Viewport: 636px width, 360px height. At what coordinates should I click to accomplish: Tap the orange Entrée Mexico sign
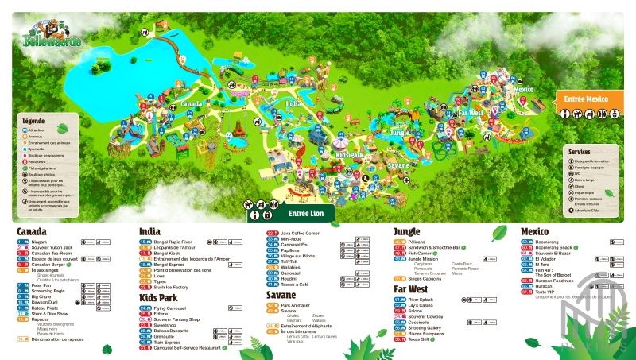click(x=586, y=99)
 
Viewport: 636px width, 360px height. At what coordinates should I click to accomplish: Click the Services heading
click(x=580, y=151)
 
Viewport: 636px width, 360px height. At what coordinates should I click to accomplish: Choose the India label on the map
click(x=294, y=104)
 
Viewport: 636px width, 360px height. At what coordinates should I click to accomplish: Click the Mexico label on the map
click(x=523, y=90)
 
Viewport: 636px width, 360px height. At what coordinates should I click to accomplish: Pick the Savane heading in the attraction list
click(x=281, y=295)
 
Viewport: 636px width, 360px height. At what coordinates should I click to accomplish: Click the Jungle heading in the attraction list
click(x=406, y=231)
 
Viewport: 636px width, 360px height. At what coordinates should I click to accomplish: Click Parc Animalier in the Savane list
click(x=297, y=305)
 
